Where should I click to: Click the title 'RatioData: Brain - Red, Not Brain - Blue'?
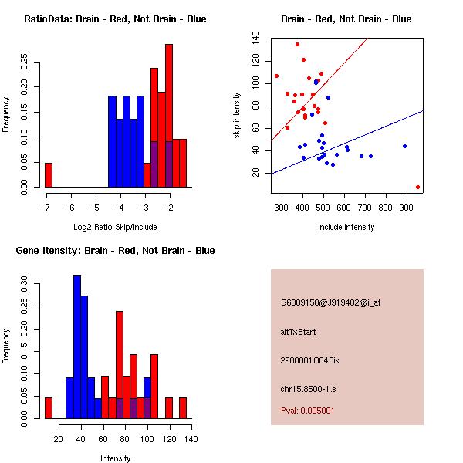click(x=115, y=19)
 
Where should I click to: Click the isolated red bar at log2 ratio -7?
click(x=49, y=175)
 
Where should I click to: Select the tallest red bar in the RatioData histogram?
click(x=169, y=116)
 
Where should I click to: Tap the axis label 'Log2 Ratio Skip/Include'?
click(x=114, y=227)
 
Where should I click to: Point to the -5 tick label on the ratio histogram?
click(x=95, y=208)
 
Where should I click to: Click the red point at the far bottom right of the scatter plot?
click(x=417, y=187)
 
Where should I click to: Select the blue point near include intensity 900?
click(x=404, y=146)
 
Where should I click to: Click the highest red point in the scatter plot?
click(x=297, y=45)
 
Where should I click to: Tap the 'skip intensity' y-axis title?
click(x=237, y=115)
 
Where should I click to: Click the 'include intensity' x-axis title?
click(x=346, y=227)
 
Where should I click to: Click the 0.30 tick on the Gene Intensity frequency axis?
click(x=24, y=283)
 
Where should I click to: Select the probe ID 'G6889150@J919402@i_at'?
click(x=330, y=302)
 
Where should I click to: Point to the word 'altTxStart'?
click(x=299, y=332)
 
